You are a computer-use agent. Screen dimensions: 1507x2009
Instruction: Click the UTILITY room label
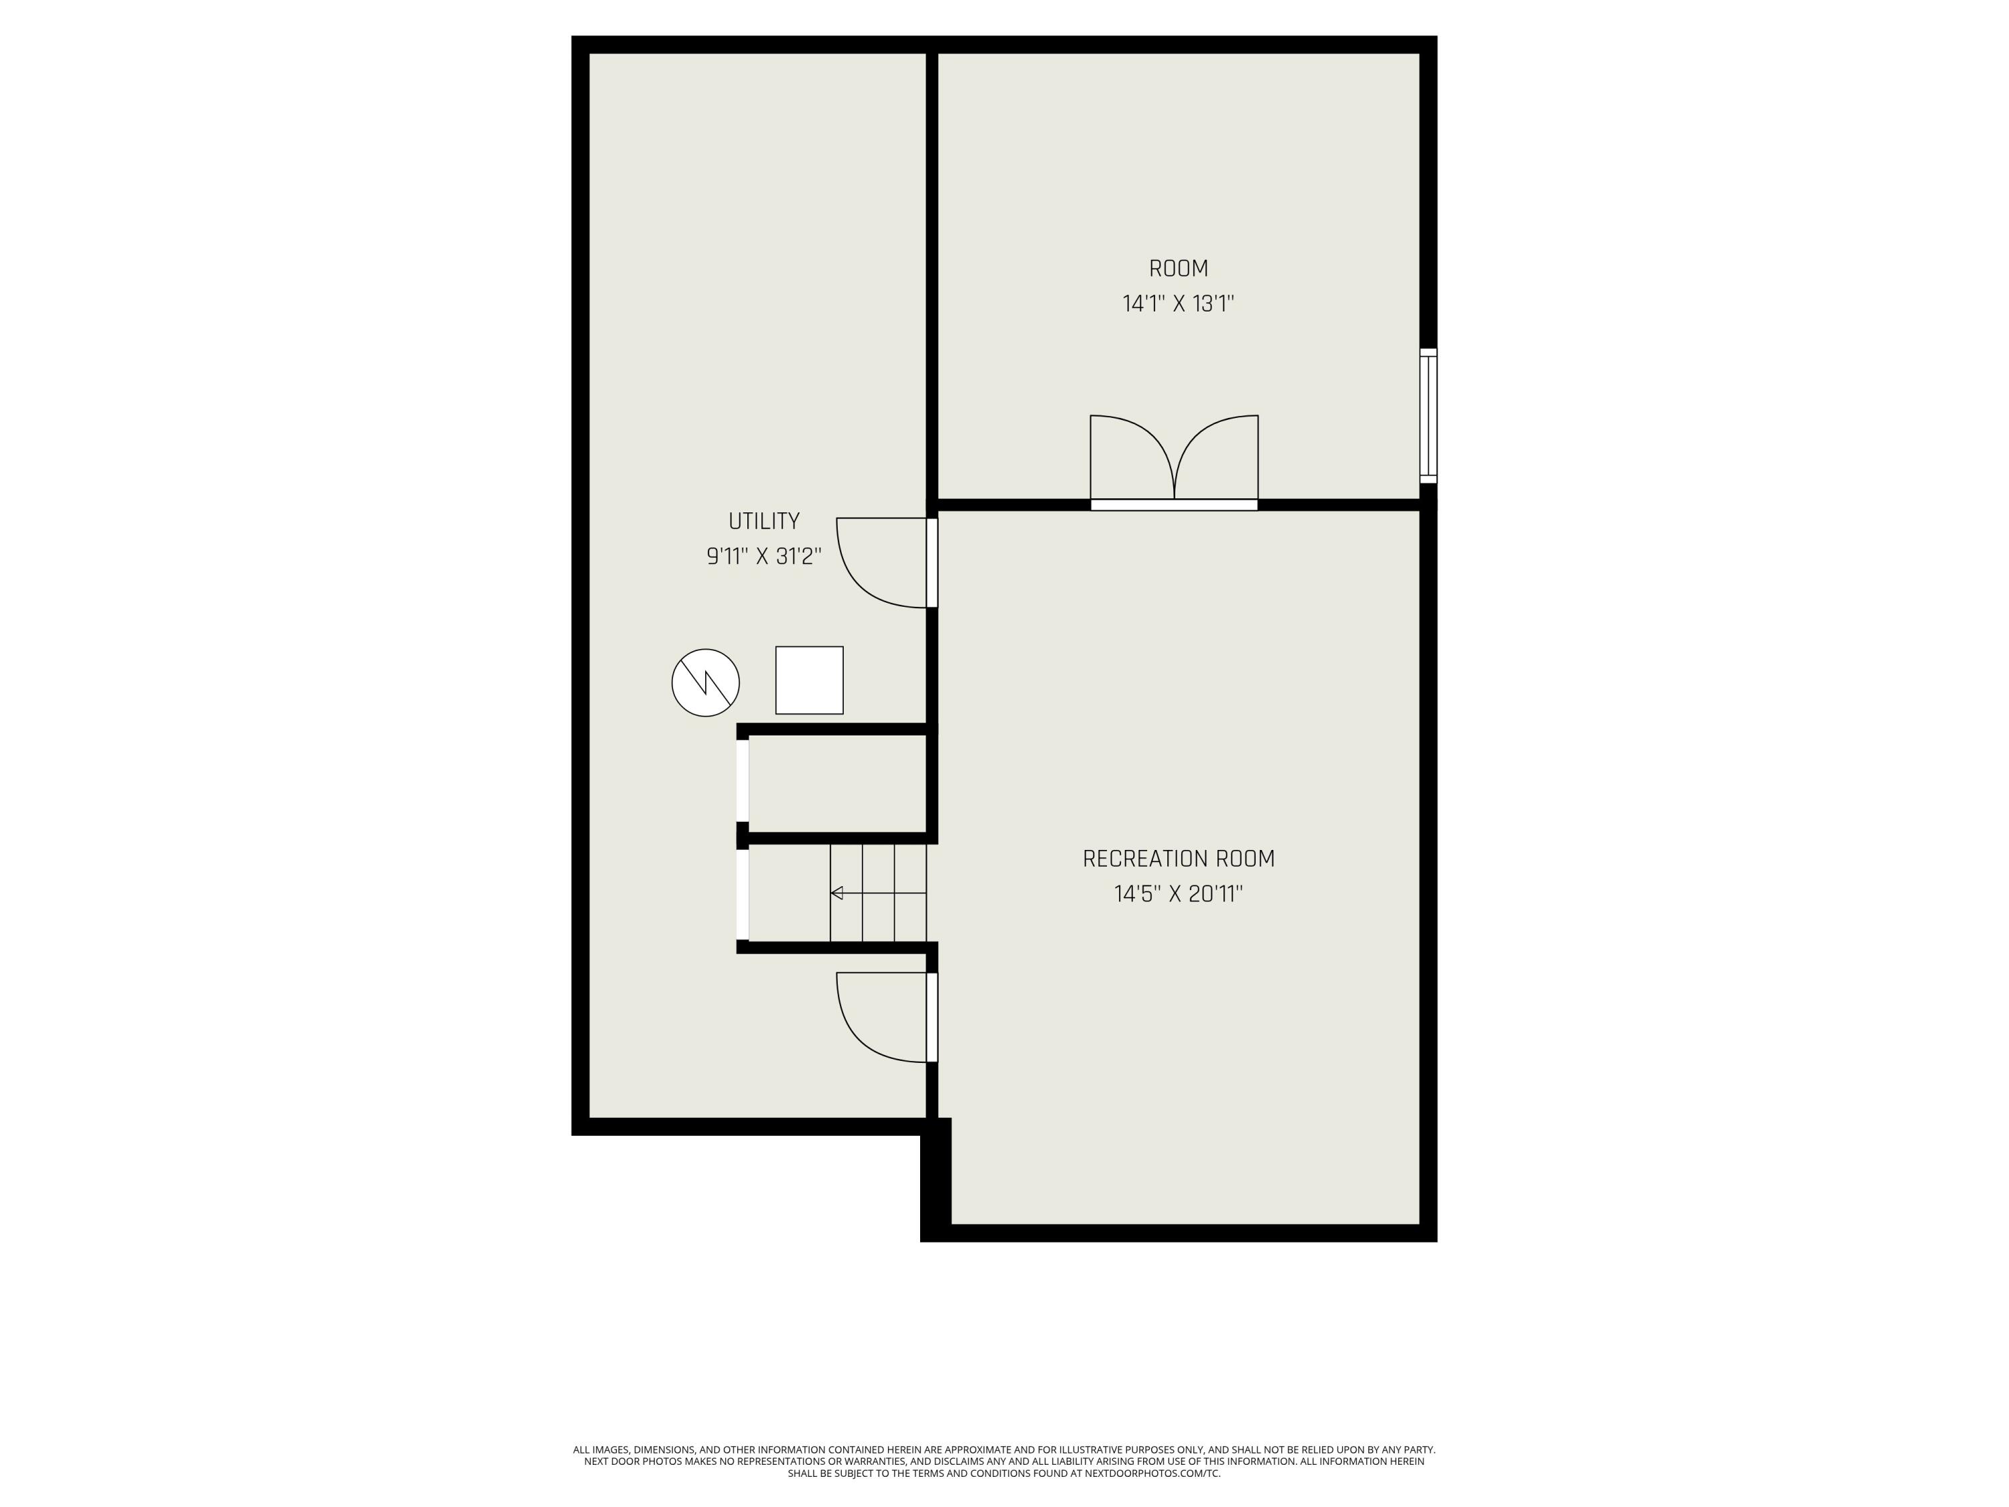[764, 521]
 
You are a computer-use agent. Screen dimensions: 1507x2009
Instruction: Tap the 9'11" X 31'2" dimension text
[764, 556]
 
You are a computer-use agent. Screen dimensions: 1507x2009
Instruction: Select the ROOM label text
[1178, 269]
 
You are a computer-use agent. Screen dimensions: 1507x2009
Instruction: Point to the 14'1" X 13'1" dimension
[1178, 303]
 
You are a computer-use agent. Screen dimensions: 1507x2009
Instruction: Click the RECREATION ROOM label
[1178, 859]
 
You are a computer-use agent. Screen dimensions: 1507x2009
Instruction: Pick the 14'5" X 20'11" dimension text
[1178, 894]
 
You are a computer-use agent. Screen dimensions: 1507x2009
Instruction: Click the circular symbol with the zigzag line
[706, 683]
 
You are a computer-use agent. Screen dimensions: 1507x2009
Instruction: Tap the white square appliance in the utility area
[809, 680]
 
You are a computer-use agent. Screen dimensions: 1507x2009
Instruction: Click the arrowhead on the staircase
[836, 893]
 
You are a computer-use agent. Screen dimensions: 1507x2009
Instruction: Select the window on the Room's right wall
[1428, 415]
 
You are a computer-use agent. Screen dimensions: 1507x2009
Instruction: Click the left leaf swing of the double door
[1131, 454]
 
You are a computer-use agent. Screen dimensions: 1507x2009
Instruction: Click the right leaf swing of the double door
[1217, 454]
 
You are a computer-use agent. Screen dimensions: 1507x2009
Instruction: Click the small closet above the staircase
[836, 783]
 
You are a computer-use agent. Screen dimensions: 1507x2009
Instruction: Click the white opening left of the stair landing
[743, 894]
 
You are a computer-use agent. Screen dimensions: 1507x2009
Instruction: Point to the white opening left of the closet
[743, 781]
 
